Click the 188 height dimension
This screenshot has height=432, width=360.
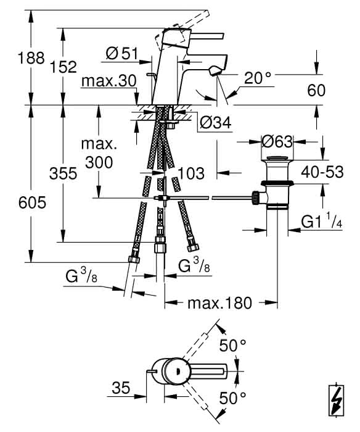pos(31,58)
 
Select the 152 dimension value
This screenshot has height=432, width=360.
pos(63,67)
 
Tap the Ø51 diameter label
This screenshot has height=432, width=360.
pos(121,53)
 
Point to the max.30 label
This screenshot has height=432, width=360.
pos(109,81)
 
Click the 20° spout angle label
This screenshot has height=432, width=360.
pos(258,78)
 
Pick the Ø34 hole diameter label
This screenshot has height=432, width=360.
pos(216,123)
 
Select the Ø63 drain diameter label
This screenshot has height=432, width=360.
pos(277,142)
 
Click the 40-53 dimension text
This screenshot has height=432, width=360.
pos(322,172)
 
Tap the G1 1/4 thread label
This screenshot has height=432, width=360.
pos(322,221)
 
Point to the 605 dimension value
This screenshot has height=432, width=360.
pos(32,203)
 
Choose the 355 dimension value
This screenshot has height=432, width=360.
pos(63,174)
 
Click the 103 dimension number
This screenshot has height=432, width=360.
pos(191,173)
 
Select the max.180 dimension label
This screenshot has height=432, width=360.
pos(219,303)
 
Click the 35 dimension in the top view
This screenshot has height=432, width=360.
pos(121,388)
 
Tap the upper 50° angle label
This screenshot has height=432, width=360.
pos(232,346)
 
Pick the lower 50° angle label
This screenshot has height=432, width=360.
pos(232,398)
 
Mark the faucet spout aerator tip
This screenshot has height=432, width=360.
pos(215,72)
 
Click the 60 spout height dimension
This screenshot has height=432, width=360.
pos(316,90)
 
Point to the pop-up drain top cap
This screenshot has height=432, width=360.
pos(277,158)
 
